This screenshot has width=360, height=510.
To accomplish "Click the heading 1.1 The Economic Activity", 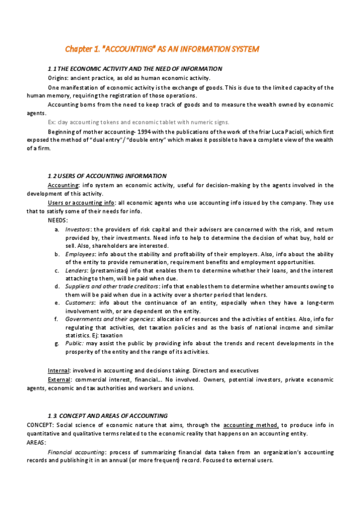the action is [135, 69].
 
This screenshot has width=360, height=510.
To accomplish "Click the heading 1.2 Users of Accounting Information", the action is [106, 176].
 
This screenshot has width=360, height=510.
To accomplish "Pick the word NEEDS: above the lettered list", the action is [58, 220].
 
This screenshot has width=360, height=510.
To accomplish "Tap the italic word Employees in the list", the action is [80, 254].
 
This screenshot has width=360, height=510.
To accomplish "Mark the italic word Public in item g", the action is [75, 343].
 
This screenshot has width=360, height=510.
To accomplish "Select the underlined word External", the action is [60, 379].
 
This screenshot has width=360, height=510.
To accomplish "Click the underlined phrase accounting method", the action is [249, 425].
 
